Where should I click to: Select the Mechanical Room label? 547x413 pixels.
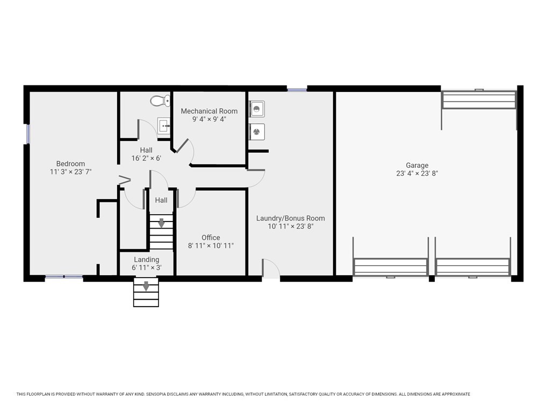click(209, 111)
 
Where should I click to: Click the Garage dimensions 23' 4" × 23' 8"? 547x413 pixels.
click(417, 173)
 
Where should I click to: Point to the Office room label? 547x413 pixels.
click(211, 238)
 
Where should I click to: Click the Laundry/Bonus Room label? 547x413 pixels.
click(290, 218)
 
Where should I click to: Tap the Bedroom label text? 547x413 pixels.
click(70, 164)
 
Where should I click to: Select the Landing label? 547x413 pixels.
click(146, 260)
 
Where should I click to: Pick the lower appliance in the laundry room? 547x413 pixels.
click(257, 131)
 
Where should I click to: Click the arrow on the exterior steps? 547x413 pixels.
click(146, 286)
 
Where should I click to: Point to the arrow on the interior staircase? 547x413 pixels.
click(161, 223)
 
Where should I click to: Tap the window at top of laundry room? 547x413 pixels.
click(297, 89)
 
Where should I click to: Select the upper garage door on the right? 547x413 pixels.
click(478, 100)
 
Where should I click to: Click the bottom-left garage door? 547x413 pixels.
click(391, 267)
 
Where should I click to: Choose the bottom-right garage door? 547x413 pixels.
click(473, 267)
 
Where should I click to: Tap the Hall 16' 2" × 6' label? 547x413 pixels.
click(146, 154)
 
